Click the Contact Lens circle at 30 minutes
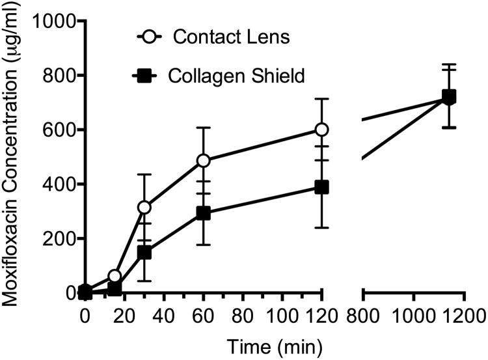[x=144, y=208]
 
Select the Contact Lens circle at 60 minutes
[x=203, y=160]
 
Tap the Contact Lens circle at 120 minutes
[x=321, y=130]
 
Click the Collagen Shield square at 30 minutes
[x=144, y=252]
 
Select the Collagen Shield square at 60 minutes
[x=203, y=213]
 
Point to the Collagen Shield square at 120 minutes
[x=321, y=187]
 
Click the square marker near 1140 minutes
[x=448, y=97]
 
